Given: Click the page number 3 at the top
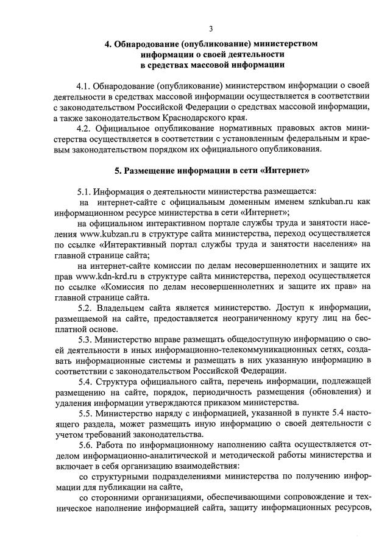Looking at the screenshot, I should click(211, 29).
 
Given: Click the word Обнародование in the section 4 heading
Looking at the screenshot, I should click(144, 44).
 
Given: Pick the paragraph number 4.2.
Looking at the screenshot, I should click(85, 128).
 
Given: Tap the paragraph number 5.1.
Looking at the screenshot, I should click(86, 191).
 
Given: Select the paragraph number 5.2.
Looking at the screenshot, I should click(86, 308).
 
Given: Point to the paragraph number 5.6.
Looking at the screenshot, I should click(87, 447).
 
